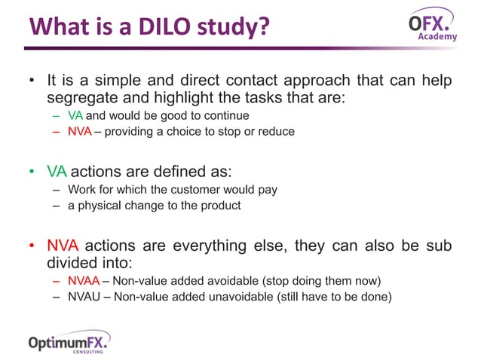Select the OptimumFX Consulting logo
click(x=69, y=343)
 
